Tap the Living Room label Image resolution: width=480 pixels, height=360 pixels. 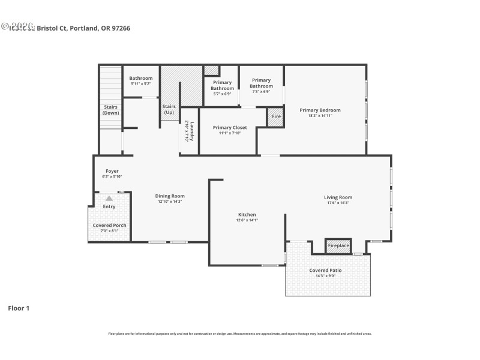point(338,197)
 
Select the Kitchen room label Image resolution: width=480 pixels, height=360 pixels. point(247,214)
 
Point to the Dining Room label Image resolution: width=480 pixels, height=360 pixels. point(170,196)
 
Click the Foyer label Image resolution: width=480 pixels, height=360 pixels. point(112,171)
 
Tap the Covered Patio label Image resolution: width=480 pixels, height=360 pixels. point(326,270)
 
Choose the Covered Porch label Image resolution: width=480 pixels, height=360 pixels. point(109,225)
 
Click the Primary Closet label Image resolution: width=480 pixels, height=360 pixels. point(230,127)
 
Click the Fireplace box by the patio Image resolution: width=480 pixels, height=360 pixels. point(338,246)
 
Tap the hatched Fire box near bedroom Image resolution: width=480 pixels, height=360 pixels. point(276,116)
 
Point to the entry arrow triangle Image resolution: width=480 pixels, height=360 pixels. point(109,197)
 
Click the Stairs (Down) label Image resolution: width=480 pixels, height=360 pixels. point(110,110)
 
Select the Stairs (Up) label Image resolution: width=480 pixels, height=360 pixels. point(169,110)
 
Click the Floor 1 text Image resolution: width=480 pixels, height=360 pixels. point(18,308)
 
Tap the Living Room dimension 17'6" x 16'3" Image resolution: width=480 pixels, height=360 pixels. point(338,203)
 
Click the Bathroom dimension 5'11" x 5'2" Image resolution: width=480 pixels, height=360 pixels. point(141,84)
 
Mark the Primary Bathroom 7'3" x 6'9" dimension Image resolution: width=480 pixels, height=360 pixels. point(261,92)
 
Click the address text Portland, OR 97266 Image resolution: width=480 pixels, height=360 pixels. point(104,28)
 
